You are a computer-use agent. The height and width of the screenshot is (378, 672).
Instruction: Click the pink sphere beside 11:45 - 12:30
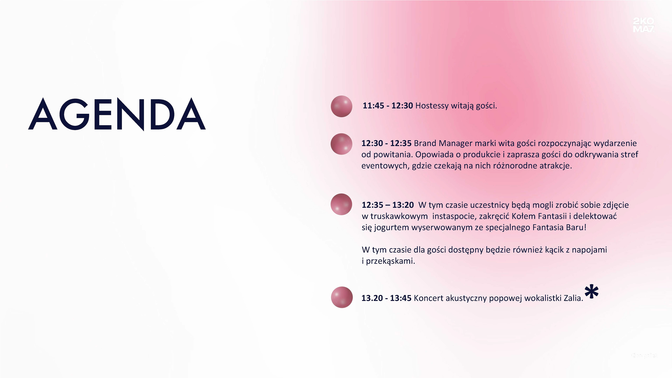pyautogui.click(x=341, y=106)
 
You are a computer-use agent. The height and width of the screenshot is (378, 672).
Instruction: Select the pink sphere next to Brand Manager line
pyautogui.click(x=341, y=144)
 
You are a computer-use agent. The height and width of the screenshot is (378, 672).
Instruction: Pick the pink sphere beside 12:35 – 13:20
pyautogui.click(x=341, y=204)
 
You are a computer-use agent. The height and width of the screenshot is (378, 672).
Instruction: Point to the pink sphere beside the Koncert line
pyautogui.click(x=342, y=297)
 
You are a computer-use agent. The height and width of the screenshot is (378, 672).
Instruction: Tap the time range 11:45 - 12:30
pyautogui.click(x=388, y=106)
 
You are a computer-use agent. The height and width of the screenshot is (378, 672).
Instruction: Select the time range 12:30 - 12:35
pyautogui.click(x=386, y=143)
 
